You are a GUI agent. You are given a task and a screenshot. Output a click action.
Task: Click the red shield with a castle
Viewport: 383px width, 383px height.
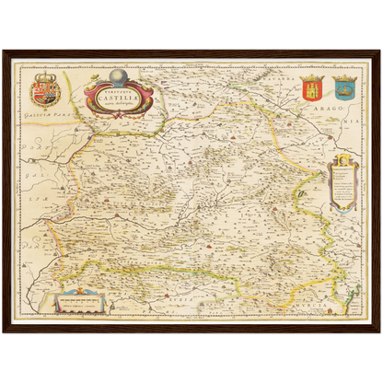click(x=310, y=89)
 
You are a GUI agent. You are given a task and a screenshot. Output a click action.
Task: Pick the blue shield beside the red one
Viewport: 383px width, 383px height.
click(x=343, y=89)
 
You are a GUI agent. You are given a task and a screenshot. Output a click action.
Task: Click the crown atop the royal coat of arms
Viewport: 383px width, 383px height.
click(x=43, y=74)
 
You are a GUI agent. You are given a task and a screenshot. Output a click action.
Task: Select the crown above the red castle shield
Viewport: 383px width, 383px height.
click(x=310, y=75)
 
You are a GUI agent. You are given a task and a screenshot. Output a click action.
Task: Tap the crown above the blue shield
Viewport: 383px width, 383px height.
click(x=343, y=75)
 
